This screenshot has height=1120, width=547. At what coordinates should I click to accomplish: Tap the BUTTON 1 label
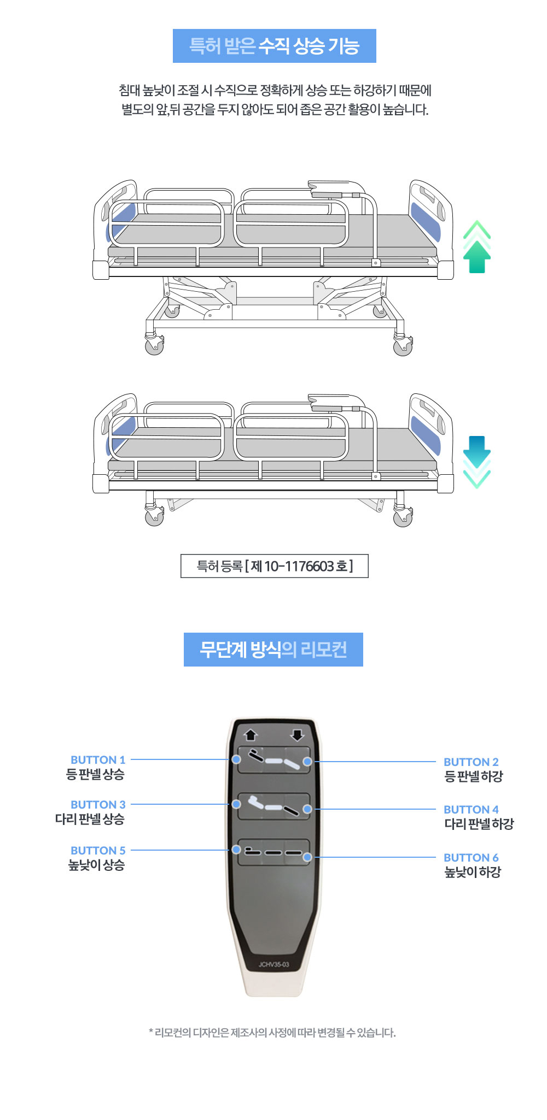[98, 759]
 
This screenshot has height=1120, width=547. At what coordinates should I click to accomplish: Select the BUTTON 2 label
[471, 762]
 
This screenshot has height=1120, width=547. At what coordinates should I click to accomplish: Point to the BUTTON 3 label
[98, 804]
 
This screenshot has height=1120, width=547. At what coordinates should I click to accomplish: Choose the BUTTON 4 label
[471, 809]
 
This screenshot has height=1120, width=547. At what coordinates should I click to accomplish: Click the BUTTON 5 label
[98, 850]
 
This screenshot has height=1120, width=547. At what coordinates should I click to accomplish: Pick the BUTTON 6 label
[471, 857]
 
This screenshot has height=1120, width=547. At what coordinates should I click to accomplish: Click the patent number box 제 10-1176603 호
[275, 566]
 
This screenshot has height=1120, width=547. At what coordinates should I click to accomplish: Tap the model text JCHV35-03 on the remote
[274, 964]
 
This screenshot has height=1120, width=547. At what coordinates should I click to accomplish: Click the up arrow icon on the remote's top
[251, 735]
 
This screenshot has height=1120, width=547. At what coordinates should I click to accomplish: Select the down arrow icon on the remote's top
[297, 735]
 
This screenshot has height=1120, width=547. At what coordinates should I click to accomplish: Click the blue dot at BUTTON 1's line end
[236, 759]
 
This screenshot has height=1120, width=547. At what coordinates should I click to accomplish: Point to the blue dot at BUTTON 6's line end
[307, 857]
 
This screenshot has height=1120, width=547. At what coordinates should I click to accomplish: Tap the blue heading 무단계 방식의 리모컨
[273, 650]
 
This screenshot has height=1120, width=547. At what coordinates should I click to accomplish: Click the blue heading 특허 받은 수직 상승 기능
[275, 46]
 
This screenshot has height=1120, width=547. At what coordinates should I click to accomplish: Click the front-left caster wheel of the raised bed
[154, 345]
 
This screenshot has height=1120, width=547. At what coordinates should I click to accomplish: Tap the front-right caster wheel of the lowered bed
[403, 517]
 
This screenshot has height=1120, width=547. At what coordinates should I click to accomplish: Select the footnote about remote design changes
[272, 1033]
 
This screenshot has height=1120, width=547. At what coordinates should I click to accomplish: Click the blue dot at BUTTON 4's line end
[307, 809]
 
